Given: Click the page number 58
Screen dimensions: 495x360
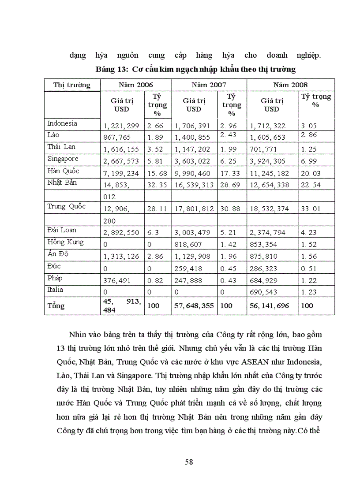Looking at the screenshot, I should point(189,462).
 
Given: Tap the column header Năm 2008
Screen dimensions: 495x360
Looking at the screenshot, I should point(290,85).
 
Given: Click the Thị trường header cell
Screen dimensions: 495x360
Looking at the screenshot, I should point(72,85).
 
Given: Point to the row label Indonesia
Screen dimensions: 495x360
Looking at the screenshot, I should point(62,123).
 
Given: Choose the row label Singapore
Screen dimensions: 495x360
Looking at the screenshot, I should point(63,159).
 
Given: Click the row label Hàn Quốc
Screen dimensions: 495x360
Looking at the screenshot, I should point(63,171).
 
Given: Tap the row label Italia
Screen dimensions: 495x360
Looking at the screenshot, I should point(55,290).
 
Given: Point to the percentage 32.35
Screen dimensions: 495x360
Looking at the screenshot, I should point(157,185).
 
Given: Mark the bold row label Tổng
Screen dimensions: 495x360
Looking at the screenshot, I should point(56,305).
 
